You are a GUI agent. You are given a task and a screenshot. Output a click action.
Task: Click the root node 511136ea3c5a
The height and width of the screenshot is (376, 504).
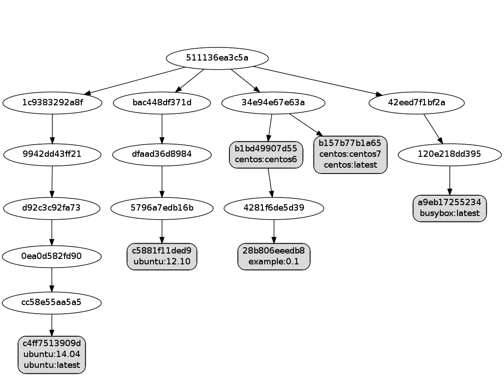click(x=218, y=58)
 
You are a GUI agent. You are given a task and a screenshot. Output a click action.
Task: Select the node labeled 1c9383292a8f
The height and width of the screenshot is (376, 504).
click(x=52, y=103)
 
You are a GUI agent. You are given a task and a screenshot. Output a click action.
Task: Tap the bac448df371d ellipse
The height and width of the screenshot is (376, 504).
click(x=162, y=103)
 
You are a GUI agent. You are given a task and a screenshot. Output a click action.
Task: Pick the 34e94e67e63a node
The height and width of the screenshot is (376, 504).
click(x=273, y=103)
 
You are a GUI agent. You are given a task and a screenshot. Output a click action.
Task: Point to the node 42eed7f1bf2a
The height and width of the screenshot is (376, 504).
click(x=416, y=103)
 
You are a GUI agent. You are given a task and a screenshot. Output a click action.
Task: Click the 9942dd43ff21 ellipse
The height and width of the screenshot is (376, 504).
click(x=52, y=154)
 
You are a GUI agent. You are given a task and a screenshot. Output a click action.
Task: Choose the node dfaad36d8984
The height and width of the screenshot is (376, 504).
click(x=162, y=154)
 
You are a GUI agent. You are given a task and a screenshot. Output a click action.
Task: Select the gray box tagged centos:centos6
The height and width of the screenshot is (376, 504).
click(x=266, y=155)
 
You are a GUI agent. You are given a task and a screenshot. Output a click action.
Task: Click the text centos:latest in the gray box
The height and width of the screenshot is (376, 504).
click(x=350, y=165)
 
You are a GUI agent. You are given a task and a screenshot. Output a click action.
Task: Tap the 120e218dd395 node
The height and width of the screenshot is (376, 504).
click(x=449, y=154)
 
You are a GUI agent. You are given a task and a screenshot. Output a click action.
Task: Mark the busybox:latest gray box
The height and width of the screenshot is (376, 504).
click(x=450, y=208)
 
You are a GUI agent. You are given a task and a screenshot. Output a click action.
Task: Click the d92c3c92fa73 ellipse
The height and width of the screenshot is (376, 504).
click(x=51, y=208)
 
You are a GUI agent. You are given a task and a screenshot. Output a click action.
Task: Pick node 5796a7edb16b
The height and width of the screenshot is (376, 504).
click(x=162, y=208)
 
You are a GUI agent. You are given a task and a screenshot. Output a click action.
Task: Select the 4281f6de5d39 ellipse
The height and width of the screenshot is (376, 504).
click(x=274, y=208)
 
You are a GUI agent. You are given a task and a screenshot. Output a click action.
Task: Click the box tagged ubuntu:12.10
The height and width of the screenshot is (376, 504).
click(x=162, y=256)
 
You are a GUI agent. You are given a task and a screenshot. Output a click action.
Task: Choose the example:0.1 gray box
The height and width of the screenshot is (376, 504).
click(x=274, y=256)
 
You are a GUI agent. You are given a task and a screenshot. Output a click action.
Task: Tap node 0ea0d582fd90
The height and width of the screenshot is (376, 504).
click(x=51, y=256)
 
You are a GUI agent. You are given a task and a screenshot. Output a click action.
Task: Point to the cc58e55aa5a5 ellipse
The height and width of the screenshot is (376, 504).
click(x=51, y=302)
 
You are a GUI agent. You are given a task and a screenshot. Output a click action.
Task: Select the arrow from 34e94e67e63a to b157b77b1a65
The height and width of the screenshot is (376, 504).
click(x=305, y=124)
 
